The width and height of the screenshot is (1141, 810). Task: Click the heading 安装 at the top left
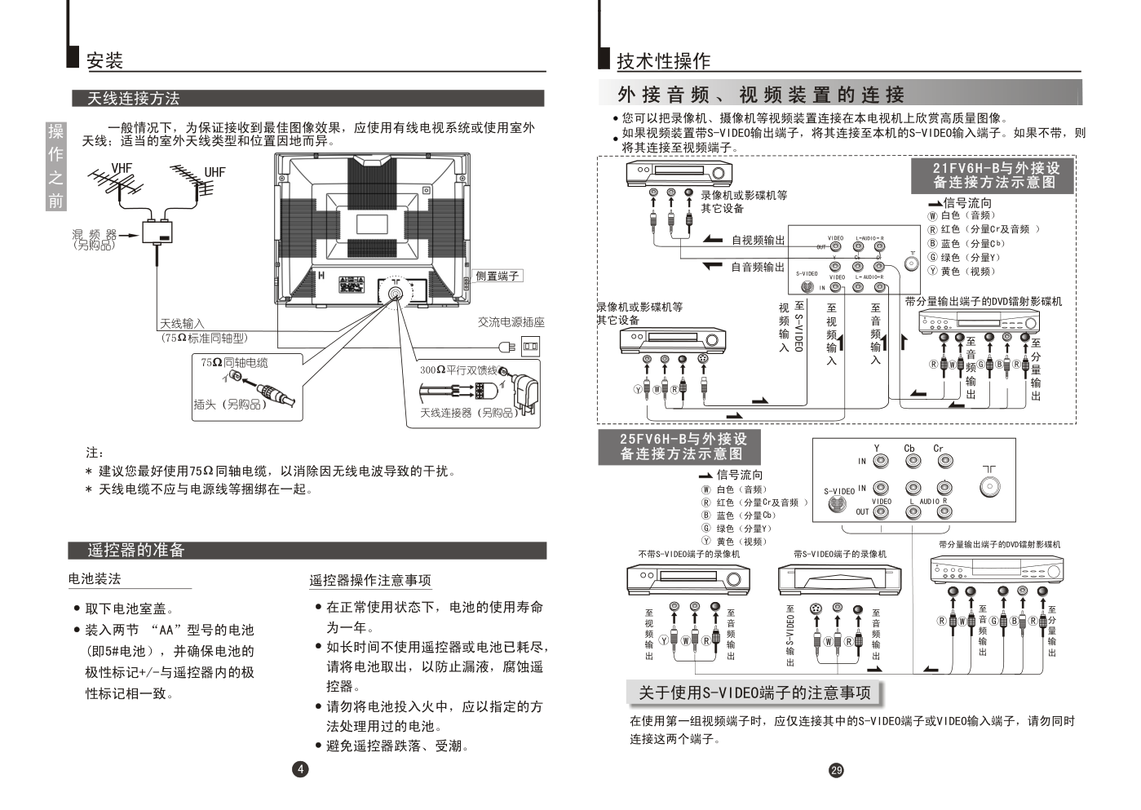104,60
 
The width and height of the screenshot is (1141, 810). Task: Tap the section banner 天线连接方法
133,99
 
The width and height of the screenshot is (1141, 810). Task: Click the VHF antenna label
122,168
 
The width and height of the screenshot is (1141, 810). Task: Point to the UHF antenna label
214,172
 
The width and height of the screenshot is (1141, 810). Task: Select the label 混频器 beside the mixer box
95,235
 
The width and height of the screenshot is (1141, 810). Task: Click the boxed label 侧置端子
498,276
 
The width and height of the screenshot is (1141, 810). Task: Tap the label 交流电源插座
511,322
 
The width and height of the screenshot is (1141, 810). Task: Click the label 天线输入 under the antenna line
182,324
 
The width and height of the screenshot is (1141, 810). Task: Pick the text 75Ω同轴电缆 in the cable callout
234,362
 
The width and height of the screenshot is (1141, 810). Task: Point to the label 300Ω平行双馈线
458,370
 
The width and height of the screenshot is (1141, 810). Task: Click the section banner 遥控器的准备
136,551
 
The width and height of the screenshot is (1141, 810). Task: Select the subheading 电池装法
95,579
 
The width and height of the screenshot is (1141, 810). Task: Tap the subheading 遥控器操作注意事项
369,581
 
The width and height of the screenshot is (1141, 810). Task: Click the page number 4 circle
301,768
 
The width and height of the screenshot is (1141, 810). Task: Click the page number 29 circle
836,770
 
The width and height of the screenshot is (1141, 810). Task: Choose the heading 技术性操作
663,61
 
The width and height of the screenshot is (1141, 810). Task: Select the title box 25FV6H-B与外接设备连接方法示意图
683,446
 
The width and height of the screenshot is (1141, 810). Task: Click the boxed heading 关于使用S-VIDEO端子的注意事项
754,693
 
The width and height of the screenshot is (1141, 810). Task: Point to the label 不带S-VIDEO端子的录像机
688,555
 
